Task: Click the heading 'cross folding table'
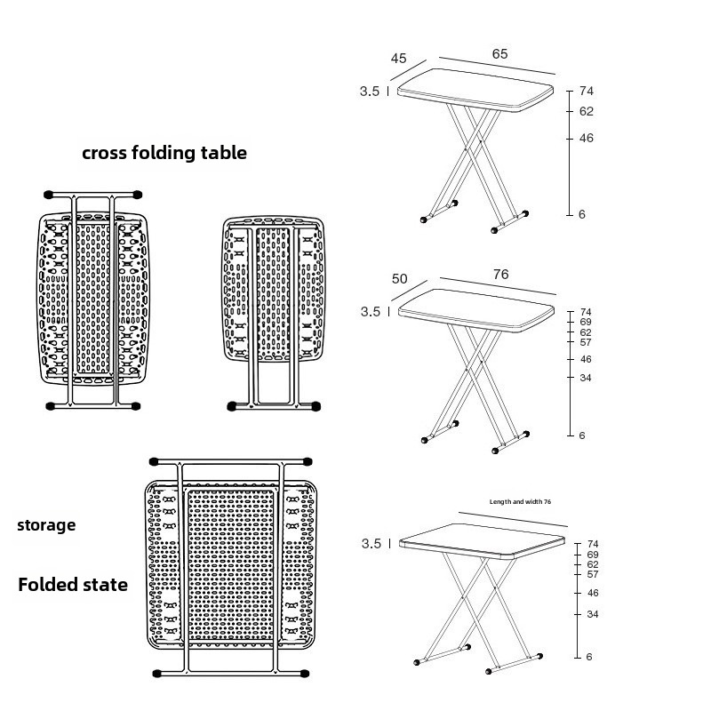coord(164,153)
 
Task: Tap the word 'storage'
coord(46,525)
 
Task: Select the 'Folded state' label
coord(73,585)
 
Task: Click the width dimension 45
coord(398,59)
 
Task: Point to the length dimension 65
coord(499,54)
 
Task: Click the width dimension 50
coord(399,279)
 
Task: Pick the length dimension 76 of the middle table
coord(500,275)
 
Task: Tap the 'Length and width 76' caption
coord(520,502)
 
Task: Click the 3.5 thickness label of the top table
coord(370,91)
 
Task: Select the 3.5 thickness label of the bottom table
coord(371,544)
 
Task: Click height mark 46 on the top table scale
coord(586,139)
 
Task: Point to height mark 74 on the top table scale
coord(586,92)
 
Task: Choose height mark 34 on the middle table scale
coord(586,378)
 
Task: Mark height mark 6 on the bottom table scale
coord(588,657)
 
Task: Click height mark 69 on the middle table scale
coord(586,322)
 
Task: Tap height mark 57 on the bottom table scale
coord(593,574)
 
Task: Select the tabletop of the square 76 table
coord(484,539)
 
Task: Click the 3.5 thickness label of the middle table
coord(370,312)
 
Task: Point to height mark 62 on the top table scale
coord(586,112)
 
